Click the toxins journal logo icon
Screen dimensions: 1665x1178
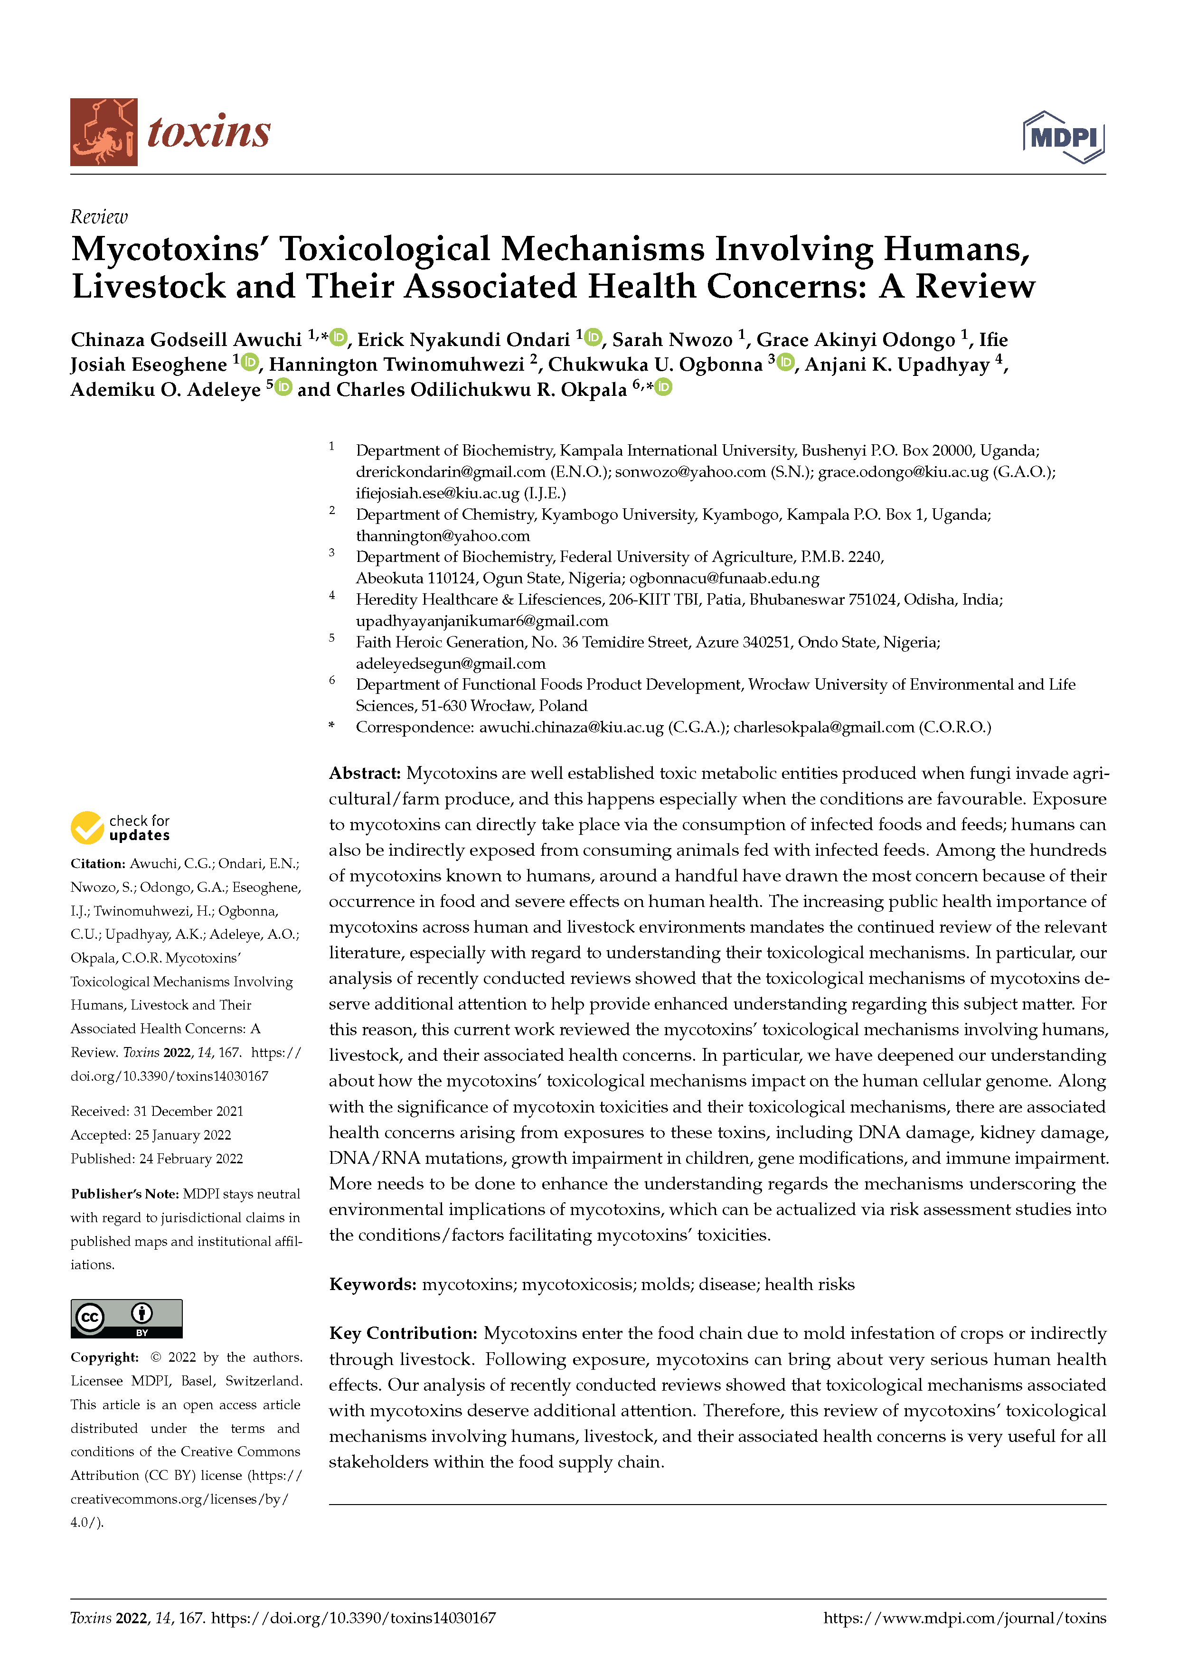coord(104,132)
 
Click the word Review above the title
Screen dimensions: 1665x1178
coord(99,217)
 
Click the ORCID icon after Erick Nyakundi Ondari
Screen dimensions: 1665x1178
coord(594,337)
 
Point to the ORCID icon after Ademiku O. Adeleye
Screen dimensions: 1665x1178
coord(283,387)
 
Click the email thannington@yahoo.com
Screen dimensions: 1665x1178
coord(443,536)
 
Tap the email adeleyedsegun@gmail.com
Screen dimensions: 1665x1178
coord(451,664)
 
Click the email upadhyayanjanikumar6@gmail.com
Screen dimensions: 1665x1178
coord(481,621)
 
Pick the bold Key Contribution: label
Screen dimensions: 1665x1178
coord(403,1334)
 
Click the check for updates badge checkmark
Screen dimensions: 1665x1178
coord(87,827)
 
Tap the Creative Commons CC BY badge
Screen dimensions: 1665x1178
coord(126,1319)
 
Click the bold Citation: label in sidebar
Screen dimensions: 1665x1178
coord(98,864)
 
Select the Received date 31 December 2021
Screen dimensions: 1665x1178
coord(188,1112)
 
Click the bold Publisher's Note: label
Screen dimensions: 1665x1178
coord(124,1194)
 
